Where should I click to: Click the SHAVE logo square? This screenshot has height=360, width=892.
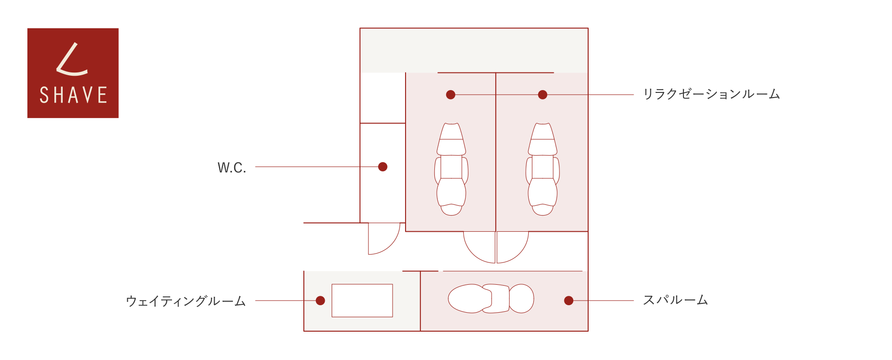73,73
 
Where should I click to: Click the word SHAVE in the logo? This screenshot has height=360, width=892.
73,95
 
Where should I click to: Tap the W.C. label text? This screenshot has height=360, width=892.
232,167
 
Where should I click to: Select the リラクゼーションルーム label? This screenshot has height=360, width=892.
711,94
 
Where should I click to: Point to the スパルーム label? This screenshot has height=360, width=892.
676,300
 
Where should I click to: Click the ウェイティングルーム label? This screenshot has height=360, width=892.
186,301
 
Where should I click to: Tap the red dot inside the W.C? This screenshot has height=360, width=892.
383,167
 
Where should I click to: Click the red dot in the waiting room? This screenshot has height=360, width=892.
320,301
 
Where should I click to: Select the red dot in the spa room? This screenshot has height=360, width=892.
569,301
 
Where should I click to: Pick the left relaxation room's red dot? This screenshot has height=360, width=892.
451,95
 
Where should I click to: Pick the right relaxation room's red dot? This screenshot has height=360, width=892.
543,95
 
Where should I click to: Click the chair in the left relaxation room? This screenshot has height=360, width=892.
451,169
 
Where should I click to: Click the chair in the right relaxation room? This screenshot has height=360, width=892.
543,169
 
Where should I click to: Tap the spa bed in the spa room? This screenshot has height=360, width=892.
491,299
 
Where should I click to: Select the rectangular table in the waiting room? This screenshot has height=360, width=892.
362,301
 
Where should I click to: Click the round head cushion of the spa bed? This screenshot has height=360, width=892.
522,299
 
